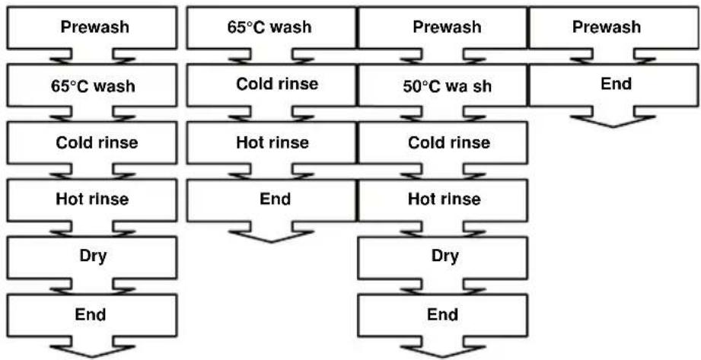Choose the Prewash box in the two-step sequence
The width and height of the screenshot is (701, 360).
click(614, 27)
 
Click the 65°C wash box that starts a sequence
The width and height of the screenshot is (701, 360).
click(272, 27)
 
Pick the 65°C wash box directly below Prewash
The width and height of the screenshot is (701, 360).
click(92, 85)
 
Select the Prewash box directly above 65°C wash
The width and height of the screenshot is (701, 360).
click(92, 27)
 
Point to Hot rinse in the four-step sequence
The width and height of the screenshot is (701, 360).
click(272, 143)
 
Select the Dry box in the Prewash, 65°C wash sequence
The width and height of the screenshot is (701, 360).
click(92, 257)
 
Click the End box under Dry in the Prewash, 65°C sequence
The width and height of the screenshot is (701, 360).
click(92, 315)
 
